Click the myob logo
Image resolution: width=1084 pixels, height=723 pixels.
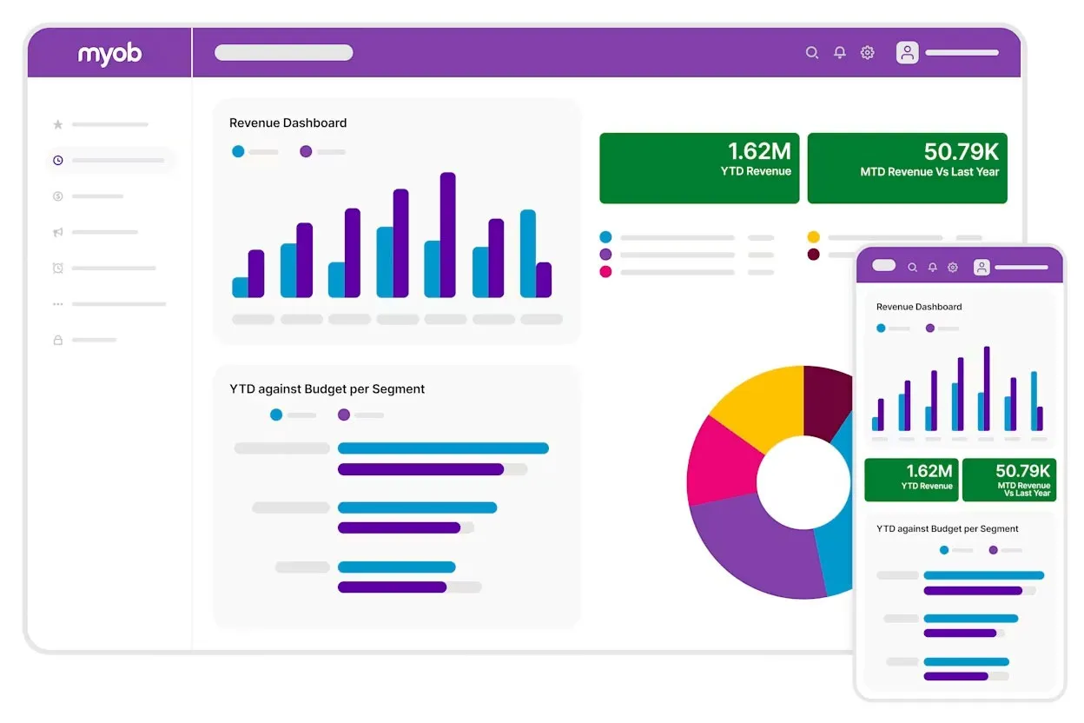[109, 54]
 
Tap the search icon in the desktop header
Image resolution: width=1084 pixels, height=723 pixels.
[812, 53]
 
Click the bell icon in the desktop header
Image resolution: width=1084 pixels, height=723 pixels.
[840, 53]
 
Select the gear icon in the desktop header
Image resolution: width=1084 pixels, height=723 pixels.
[867, 53]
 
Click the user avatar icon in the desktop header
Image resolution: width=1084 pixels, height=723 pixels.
[908, 53]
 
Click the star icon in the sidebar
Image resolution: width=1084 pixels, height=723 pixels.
[58, 124]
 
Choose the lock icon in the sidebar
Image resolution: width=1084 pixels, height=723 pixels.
[58, 340]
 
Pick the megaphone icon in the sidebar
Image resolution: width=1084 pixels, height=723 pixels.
[58, 232]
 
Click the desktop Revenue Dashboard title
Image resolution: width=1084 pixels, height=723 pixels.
[288, 123]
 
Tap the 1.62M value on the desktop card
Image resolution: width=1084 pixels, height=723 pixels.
[759, 152]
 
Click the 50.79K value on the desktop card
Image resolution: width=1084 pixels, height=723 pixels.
[961, 152]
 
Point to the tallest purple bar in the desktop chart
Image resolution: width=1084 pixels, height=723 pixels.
[447, 235]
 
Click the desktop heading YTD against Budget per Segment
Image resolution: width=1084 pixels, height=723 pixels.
[327, 389]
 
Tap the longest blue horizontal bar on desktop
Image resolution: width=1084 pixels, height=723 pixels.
[443, 448]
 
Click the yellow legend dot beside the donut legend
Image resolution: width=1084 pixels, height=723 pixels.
[813, 237]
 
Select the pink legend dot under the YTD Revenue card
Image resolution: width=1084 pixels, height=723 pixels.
[605, 272]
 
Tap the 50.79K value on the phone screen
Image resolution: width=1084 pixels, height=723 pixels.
[1022, 471]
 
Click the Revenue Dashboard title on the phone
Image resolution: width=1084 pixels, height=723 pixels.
[919, 307]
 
